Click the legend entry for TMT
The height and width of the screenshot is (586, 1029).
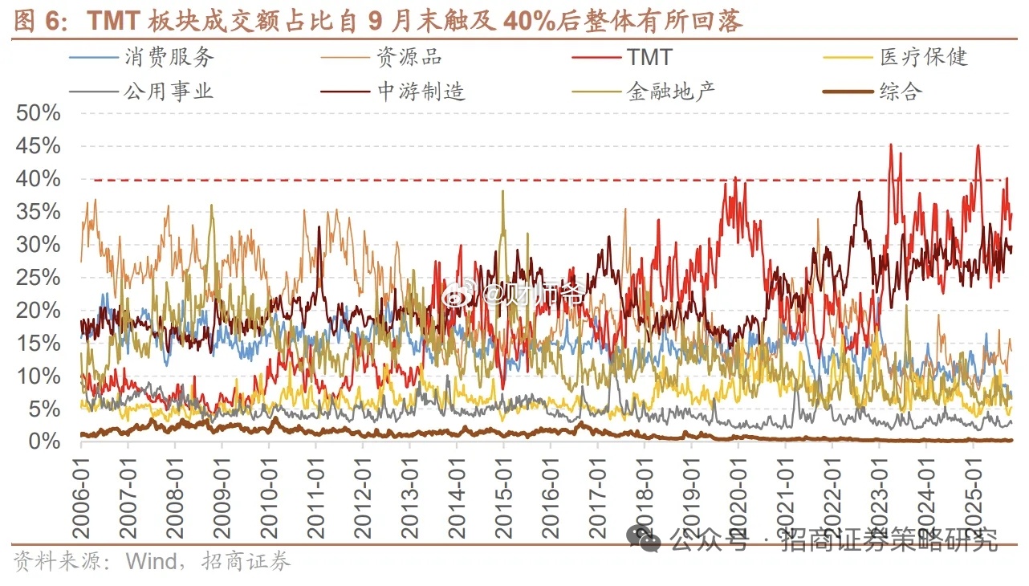649,57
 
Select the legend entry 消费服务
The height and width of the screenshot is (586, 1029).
169,57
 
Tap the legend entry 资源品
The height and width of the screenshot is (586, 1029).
409,57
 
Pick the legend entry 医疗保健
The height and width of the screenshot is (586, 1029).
924,57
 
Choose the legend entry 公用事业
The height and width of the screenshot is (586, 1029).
169,91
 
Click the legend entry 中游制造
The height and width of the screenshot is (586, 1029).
421,91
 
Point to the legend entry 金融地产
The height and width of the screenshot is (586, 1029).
670,91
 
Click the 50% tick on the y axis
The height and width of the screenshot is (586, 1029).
38,113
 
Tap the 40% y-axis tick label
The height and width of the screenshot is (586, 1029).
38,179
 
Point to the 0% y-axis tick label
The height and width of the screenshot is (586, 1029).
44,442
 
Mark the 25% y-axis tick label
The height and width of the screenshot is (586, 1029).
38,278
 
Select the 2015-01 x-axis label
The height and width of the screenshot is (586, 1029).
504,493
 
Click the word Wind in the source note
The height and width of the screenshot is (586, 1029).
152,561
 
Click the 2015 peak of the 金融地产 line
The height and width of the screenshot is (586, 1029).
503,192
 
